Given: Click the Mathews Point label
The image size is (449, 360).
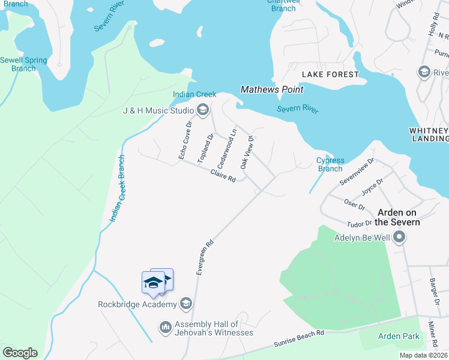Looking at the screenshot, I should [272, 89].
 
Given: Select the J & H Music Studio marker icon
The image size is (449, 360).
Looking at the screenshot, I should [202, 109].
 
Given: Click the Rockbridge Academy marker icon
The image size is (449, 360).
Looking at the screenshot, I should [186, 304].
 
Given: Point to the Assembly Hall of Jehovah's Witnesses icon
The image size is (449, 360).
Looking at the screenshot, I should [166, 328].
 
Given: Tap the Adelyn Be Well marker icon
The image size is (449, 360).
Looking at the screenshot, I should [399, 238].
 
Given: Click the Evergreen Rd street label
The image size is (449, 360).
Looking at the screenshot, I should [205, 259].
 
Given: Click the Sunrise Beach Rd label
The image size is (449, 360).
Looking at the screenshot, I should [298, 338].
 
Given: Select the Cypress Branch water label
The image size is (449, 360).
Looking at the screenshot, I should [330, 164].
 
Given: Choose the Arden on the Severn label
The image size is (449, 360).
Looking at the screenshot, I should [398, 217].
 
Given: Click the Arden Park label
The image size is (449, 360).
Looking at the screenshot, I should [399, 337].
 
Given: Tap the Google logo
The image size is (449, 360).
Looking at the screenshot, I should [20, 353].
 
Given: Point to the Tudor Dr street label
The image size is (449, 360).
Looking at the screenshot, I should [360, 224].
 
